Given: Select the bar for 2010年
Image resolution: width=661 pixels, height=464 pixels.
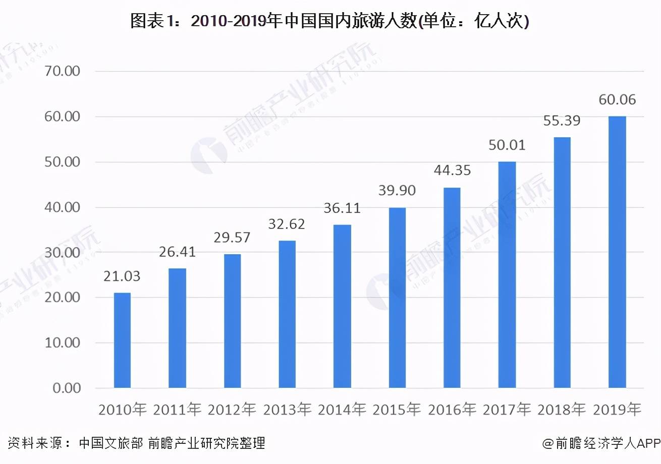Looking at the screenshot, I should [122, 340].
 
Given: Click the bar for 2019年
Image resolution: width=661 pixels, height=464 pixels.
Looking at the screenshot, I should [617, 252].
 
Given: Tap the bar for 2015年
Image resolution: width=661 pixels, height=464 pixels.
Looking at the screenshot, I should [397, 298].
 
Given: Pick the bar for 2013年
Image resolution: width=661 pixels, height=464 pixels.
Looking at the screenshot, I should [287, 314].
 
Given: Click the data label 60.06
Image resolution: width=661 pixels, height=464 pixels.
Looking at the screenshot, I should [617, 100].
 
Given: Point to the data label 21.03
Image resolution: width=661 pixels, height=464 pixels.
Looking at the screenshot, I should [122, 276].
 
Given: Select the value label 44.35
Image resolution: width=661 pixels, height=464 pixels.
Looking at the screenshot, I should [452, 170].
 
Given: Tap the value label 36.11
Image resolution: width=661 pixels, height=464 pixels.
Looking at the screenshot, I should [342, 208].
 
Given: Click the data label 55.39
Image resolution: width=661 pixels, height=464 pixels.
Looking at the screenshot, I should [562, 121].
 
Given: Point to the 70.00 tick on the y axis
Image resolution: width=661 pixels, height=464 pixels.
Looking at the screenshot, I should [63, 71].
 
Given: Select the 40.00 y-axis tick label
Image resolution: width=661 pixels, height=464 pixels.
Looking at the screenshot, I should [63, 207].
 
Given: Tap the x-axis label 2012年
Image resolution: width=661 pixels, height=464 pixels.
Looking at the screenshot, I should [232, 410].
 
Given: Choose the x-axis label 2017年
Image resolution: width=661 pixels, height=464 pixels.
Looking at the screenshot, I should [507, 410].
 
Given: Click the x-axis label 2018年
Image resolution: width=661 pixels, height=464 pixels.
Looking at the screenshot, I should [562, 410].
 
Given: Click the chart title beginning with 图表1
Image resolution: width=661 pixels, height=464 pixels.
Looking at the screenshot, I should [329, 21].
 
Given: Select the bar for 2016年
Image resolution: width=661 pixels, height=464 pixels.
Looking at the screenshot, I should [452, 287].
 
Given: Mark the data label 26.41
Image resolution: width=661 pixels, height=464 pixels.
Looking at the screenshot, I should [177, 251].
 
